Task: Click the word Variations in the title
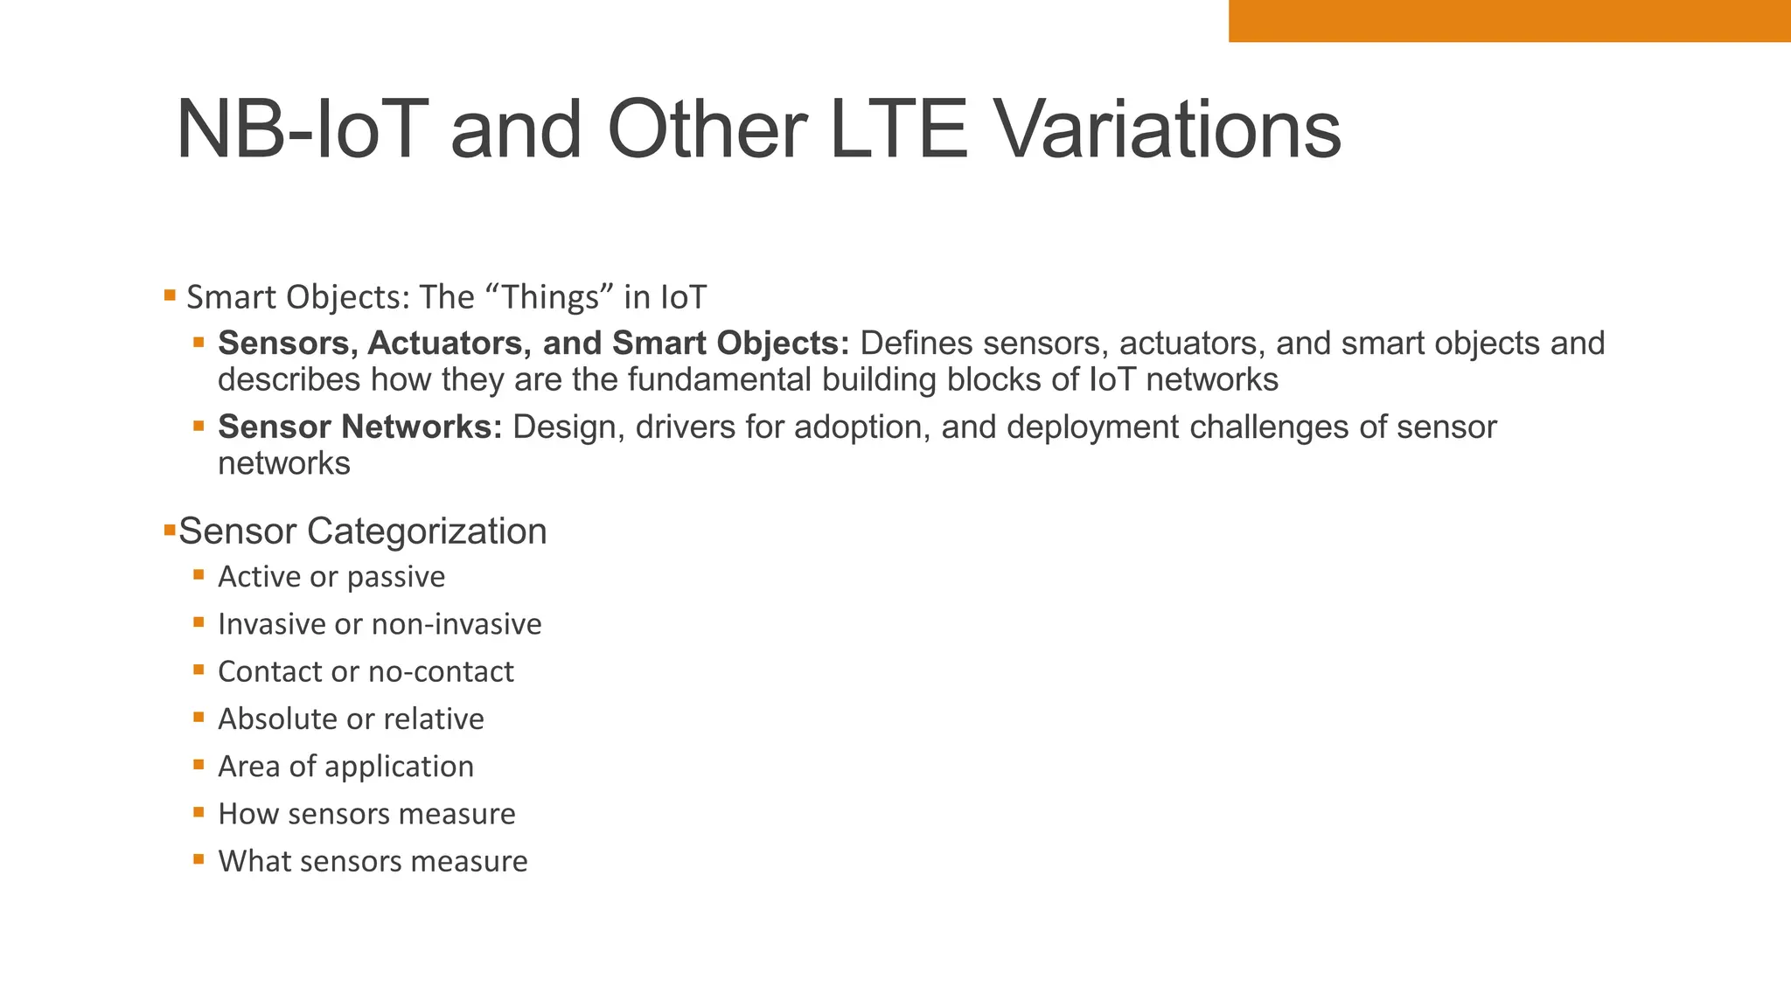coord(1168,130)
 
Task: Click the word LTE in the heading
coord(898,130)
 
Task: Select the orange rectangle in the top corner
coord(1509,21)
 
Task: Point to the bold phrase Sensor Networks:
coord(359,427)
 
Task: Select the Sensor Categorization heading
coord(362,531)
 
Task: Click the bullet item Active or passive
coord(331,577)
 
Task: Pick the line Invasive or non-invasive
coord(380,624)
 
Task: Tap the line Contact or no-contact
coord(366,671)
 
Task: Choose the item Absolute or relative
coord(351,719)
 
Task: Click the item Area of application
coord(345,767)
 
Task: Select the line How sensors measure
coord(366,814)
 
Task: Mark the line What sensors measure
coord(373,861)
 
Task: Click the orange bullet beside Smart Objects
coord(170,295)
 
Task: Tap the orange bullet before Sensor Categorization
coord(170,530)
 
